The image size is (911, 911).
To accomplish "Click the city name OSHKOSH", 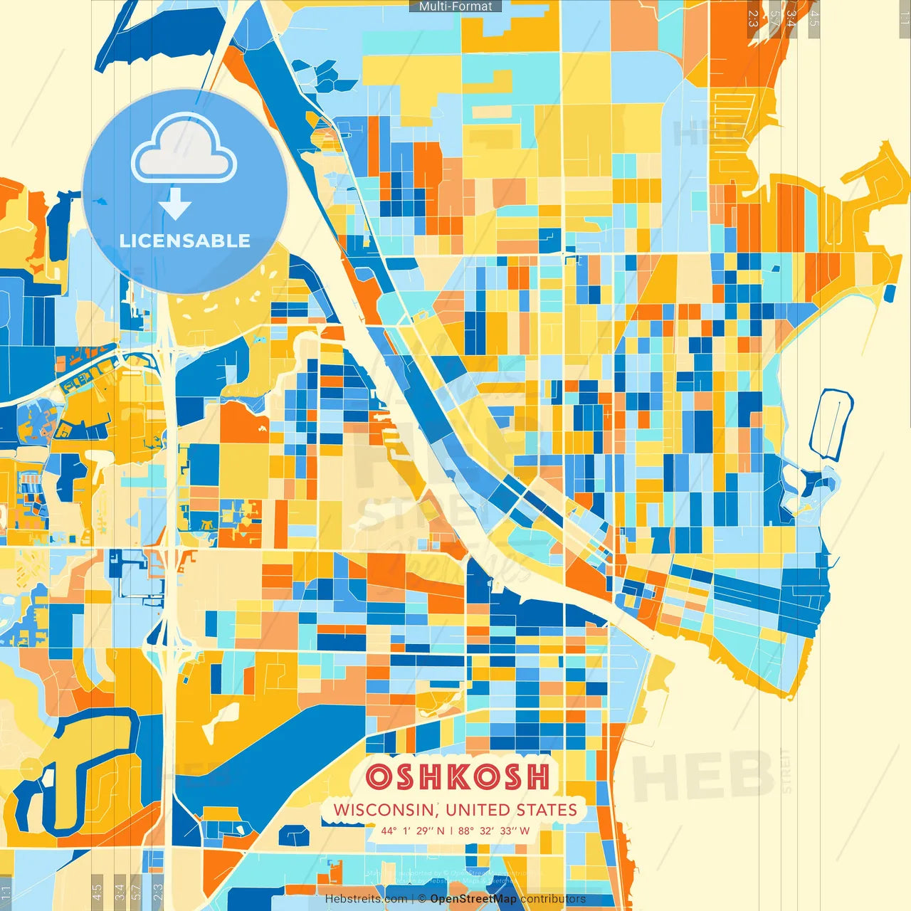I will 458,776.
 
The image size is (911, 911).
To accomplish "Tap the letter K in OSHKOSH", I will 458,776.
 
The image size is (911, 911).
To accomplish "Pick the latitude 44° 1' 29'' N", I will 412,831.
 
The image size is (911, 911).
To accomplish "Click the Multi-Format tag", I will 455,6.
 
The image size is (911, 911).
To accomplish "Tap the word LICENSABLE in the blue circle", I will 185,241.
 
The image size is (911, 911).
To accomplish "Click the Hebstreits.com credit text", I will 366,899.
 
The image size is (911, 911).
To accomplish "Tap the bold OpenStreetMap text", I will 473,899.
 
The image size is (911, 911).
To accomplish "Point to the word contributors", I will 553,899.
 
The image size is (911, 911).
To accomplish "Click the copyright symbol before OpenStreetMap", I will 421,899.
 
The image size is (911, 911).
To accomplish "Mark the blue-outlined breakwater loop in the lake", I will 831,424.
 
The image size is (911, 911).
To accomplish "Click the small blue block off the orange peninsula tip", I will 889,293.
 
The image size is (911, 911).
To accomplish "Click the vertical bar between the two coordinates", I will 451,831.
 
